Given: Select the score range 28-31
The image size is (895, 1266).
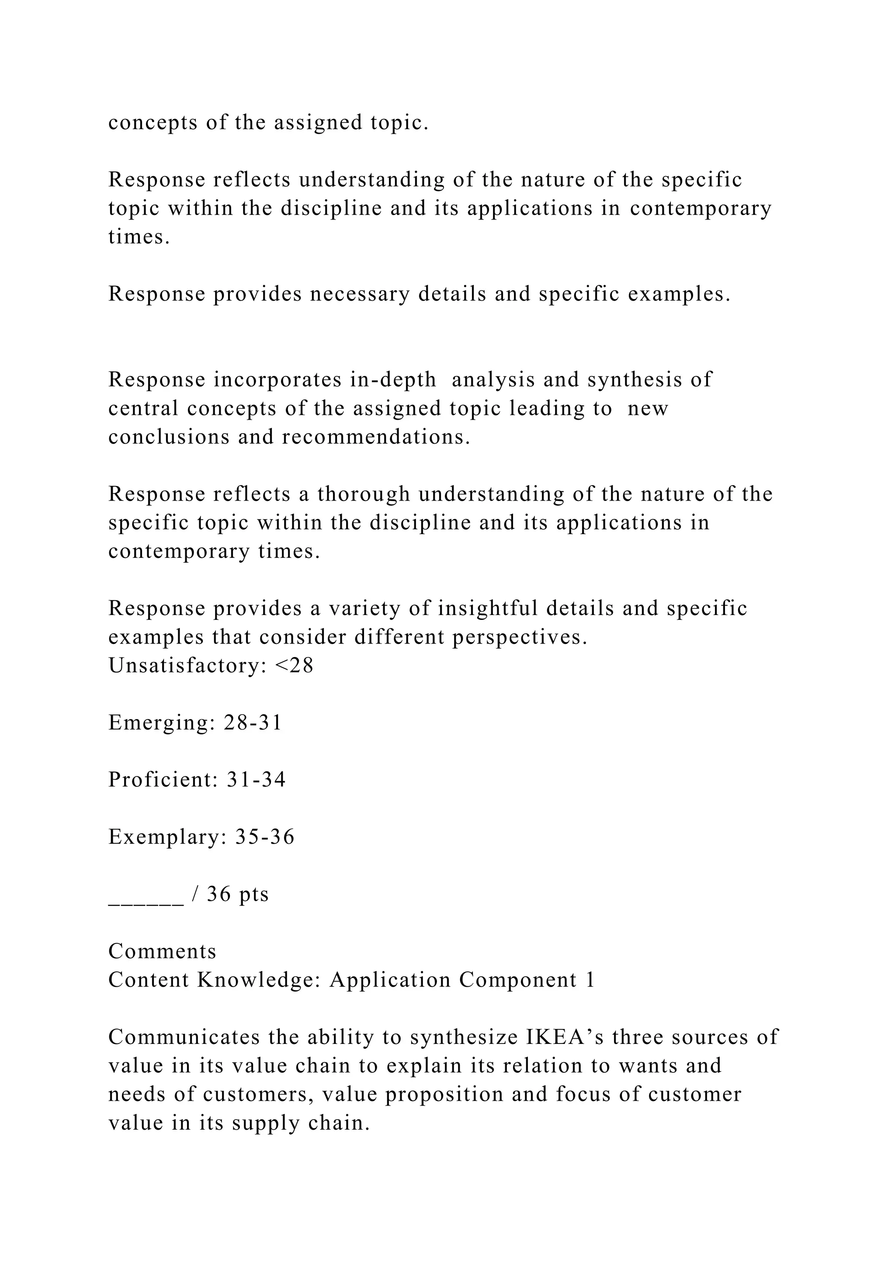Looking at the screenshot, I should pyautogui.click(x=253, y=722).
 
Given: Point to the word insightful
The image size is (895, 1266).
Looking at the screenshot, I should pyautogui.click(x=488, y=608).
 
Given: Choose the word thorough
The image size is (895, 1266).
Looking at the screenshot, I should pyautogui.click(x=364, y=494).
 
